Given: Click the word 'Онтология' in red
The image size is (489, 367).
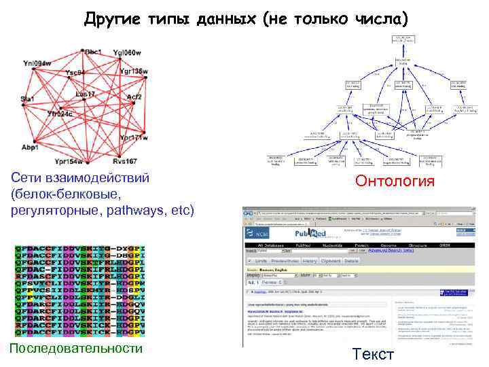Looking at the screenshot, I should tap(396, 181).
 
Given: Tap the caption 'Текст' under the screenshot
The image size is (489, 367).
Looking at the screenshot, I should tap(373, 354).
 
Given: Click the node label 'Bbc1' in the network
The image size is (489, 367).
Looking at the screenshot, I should tap(93, 52).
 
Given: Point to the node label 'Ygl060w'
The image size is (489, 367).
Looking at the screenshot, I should tap(127, 53).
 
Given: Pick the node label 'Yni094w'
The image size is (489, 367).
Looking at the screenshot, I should tap(37, 63).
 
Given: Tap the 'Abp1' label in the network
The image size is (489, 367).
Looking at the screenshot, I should tap(30, 147).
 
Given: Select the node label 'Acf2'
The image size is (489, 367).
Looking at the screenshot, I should tap(134, 97).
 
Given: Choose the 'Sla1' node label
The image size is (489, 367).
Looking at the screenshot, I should tap(27, 99).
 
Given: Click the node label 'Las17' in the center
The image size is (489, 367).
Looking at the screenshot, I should tap(86, 94).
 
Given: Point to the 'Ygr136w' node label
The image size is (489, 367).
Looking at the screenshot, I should tap(133, 71).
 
